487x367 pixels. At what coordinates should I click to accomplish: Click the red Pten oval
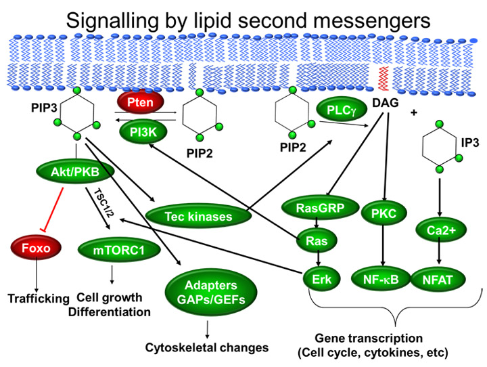pyautogui.click(x=140, y=102)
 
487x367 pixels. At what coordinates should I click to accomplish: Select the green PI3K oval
pyautogui.click(x=143, y=132)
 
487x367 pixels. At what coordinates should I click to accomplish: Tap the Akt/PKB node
pyautogui.click(x=75, y=172)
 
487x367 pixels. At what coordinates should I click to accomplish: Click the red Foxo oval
pyautogui.click(x=36, y=248)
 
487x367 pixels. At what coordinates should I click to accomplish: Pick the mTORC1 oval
pyautogui.click(x=119, y=250)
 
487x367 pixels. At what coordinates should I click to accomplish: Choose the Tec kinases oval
pyautogui.click(x=198, y=217)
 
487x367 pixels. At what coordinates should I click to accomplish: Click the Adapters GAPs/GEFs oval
pyautogui.click(x=211, y=292)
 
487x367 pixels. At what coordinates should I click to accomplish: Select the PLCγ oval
pyautogui.click(x=341, y=109)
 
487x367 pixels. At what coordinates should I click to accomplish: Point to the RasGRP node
pyautogui.click(x=320, y=207)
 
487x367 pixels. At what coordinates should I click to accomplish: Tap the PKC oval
pyautogui.click(x=384, y=213)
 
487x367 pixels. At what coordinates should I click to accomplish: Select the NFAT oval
pyautogui.click(x=438, y=280)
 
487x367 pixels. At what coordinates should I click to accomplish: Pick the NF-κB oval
pyautogui.click(x=381, y=279)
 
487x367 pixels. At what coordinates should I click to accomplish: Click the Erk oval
pyautogui.click(x=322, y=279)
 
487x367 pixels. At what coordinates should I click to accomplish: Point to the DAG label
pyautogui.click(x=385, y=102)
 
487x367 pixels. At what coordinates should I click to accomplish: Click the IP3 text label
pyautogui.click(x=470, y=142)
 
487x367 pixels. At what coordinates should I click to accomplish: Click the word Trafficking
pyautogui.click(x=39, y=298)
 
